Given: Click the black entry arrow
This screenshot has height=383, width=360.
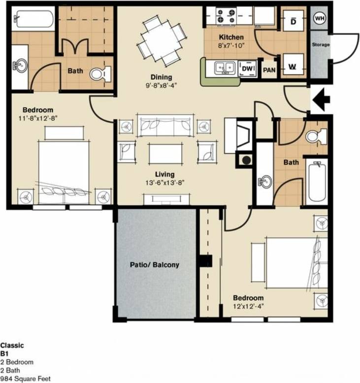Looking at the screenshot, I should pos(321,101).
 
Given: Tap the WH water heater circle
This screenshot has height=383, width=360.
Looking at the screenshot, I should pos(320,18).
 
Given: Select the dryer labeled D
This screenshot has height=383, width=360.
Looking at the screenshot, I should pos(293,22).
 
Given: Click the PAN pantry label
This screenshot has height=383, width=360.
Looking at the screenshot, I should pos(269,70).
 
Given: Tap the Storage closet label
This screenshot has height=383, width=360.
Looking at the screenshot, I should pos(320,45).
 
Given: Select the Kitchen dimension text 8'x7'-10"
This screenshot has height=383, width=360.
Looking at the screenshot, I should pos(230,45).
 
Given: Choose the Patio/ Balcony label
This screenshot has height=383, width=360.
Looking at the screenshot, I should pos(154,264).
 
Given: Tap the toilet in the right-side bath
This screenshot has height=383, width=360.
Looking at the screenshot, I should pos(316,135).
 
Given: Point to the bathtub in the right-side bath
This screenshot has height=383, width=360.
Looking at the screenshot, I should pos(316,182).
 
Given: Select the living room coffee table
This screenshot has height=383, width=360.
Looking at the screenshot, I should pos(165,153).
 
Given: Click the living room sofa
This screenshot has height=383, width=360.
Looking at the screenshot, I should pos(165,126).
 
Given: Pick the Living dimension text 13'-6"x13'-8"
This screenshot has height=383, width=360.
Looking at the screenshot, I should pos(164,183).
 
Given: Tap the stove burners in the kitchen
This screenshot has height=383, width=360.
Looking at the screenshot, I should pos(226,14).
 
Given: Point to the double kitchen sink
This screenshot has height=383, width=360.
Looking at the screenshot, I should pos(224,68).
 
